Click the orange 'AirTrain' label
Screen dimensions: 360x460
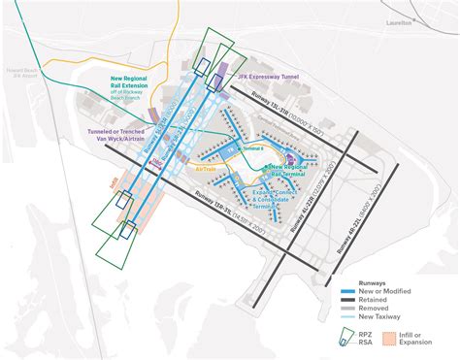point(206,168)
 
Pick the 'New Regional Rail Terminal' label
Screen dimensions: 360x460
point(288,172)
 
